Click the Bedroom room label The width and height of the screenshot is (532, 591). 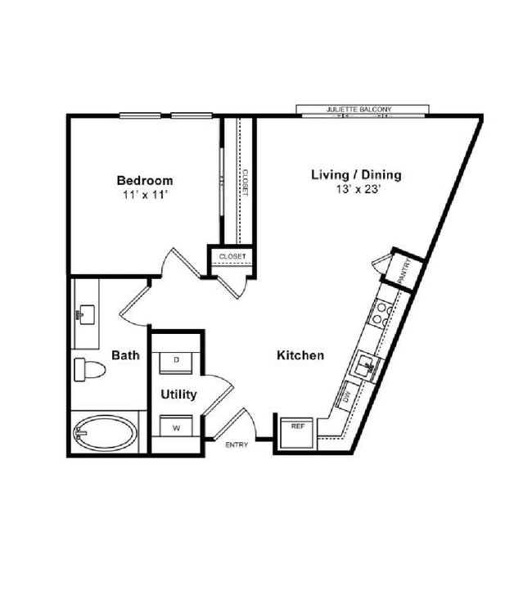[145, 180]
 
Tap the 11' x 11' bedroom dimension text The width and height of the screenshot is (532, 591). [145, 195]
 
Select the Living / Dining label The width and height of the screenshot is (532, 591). [356, 174]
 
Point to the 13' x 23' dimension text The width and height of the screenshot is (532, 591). [356, 189]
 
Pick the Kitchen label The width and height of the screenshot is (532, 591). [300, 355]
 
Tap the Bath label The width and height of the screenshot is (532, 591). [125, 355]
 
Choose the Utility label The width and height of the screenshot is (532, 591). [178, 395]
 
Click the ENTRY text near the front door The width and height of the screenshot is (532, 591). [237, 445]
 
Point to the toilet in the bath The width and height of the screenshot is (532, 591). [87, 370]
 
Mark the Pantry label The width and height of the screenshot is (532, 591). [404, 271]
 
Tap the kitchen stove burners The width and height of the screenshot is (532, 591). [381, 314]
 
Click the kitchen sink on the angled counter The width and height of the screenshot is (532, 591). [365, 363]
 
